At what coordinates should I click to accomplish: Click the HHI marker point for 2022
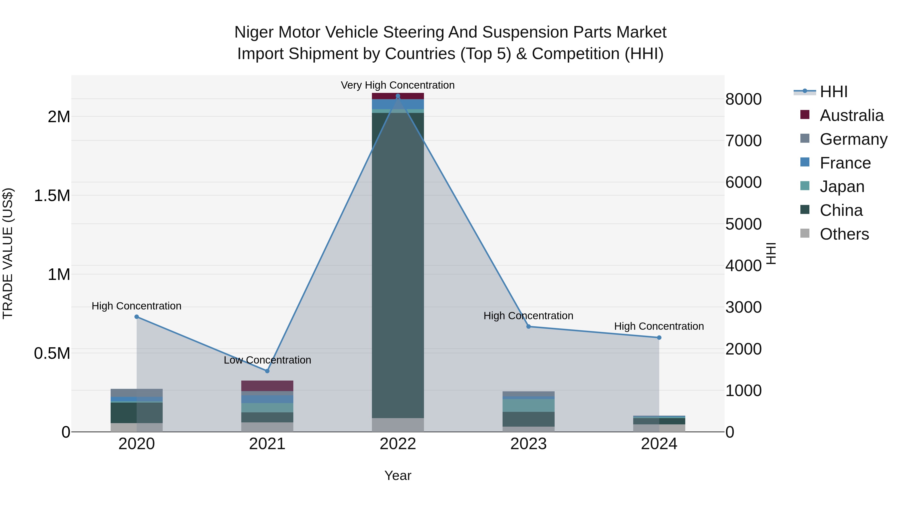pyautogui.click(x=398, y=96)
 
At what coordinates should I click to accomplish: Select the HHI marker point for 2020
pyautogui.click(x=137, y=317)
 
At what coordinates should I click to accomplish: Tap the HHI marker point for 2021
pyautogui.click(x=267, y=371)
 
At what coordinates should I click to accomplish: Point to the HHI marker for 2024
pyautogui.click(x=659, y=338)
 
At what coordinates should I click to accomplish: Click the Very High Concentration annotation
pyautogui.click(x=398, y=85)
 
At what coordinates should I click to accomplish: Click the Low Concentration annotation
pyautogui.click(x=267, y=360)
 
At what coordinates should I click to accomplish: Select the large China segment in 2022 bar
pyautogui.click(x=398, y=266)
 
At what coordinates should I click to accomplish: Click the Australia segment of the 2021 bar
pyautogui.click(x=267, y=386)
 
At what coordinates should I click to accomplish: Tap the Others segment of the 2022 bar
pyautogui.click(x=398, y=425)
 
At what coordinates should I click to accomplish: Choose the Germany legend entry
pyautogui.click(x=853, y=139)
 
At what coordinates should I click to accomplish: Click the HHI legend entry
pyautogui.click(x=833, y=92)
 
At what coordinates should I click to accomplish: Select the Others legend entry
pyautogui.click(x=844, y=234)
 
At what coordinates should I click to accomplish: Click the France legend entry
pyautogui.click(x=845, y=163)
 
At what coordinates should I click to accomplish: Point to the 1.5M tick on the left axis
pyautogui.click(x=52, y=196)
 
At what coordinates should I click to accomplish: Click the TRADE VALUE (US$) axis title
pyautogui.click(x=8, y=253)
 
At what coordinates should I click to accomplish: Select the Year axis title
pyautogui.click(x=398, y=475)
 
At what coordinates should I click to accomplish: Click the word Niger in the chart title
pyautogui.click(x=254, y=32)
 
